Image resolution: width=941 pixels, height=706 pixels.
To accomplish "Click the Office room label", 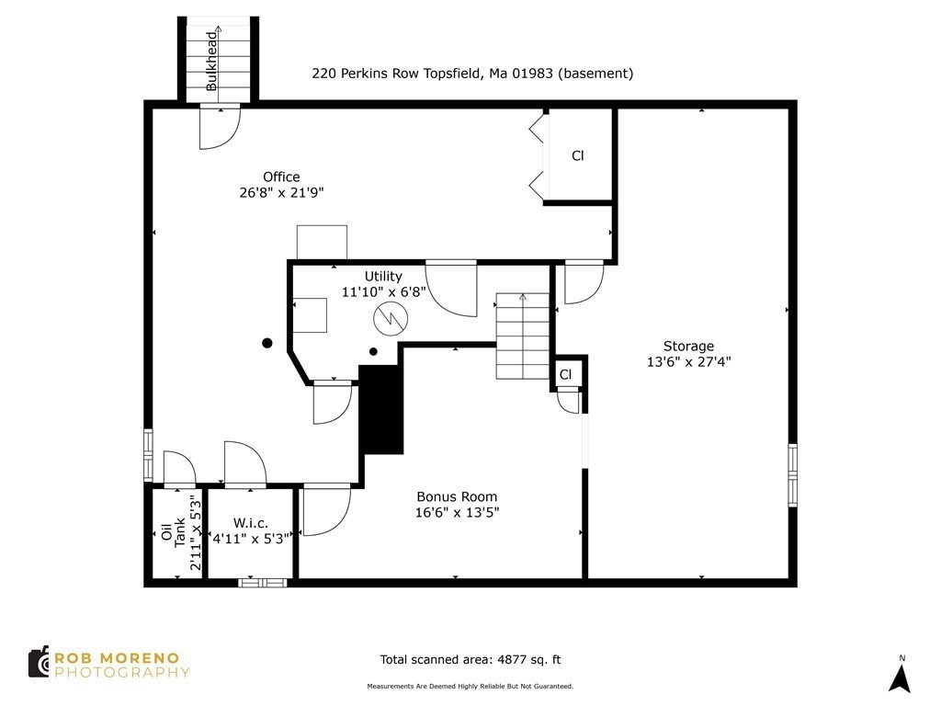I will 281,176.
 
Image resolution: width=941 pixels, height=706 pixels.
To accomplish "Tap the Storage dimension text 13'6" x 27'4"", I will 688,361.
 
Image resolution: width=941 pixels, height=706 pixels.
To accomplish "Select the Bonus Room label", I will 456,496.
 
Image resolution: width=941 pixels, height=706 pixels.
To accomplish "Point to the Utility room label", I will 383,276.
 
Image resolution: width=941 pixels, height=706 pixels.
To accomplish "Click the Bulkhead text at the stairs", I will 212,61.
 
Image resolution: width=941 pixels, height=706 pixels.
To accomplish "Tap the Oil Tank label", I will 174,532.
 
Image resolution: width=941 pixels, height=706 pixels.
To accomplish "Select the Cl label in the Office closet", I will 578,156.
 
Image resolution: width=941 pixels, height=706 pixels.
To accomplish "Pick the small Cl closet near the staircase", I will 566,374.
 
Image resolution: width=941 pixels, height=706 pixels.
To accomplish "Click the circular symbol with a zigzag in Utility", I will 390,320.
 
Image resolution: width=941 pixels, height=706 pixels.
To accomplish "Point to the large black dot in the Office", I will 267,343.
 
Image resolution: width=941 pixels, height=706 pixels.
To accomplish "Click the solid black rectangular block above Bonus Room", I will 381,409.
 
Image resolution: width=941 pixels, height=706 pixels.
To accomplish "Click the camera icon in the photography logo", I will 39,662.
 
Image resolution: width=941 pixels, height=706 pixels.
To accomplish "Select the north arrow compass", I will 901,676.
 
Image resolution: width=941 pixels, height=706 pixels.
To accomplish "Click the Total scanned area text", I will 470,659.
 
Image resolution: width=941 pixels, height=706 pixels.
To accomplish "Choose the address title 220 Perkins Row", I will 472,74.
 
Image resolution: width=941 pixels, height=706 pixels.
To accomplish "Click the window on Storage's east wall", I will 792,474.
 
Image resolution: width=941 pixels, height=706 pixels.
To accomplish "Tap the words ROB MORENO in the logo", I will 121,657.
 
